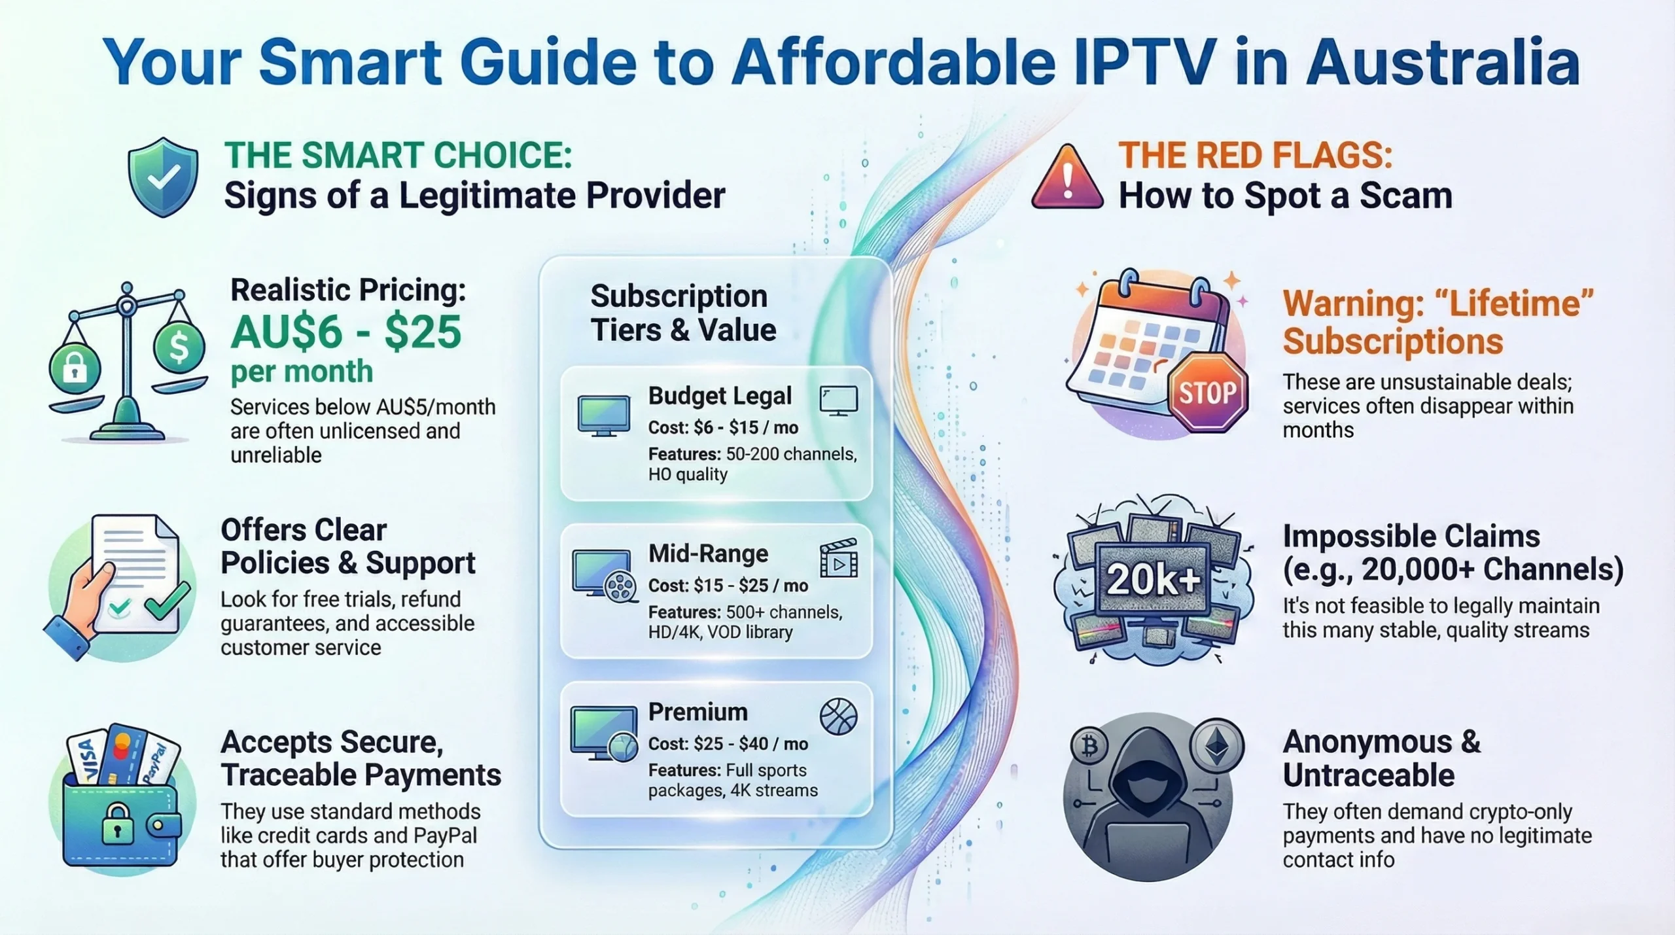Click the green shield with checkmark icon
[x=163, y=177]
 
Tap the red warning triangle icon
[x=1067, y=179]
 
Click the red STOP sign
[x=1208, y=393]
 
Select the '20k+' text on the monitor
[x=1153, y=579]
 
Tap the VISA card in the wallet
[x=88, y=759]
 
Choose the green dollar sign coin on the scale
[x=179, y=346]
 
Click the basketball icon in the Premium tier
[x=838, y=716]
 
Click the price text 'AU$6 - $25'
[x=346, y=332]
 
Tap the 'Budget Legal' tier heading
[x=720, y=396]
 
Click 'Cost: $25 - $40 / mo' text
[x=728, y=744]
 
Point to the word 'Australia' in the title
[x=1443, y=62]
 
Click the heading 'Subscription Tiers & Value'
[x=682, y=313]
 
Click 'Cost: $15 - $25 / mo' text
[x=728, y=586]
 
